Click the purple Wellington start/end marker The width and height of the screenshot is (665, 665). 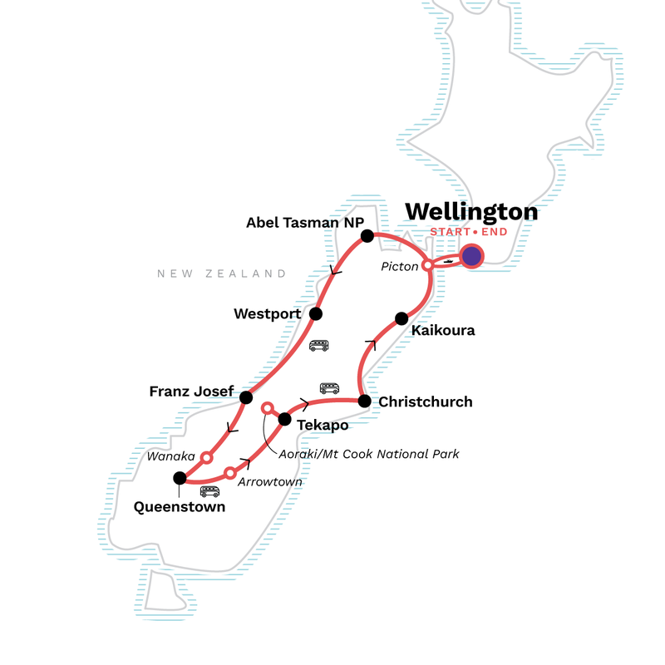click(x=472, y=257)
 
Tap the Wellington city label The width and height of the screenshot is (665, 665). click(x=471, y=212)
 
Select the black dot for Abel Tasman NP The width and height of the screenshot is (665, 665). click(x=366, y=236)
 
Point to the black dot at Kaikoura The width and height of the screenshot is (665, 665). click(x=401, y=318)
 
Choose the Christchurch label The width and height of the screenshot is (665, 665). click(x=425, y=402)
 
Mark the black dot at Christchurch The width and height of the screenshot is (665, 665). click(x=364, y=401)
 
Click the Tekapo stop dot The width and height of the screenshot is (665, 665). click(x=284, y=418)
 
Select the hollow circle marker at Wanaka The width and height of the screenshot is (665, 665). click(x=207, y=457)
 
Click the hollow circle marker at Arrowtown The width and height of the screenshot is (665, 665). click(x=230, y=473)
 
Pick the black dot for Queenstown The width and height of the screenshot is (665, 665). click(x=179, y=478)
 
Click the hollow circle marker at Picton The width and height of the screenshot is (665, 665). click(x=427, y=265)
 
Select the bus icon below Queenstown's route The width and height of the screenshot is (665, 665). click(x=209, y=491)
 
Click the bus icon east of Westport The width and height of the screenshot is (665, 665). click(x=318, y=345)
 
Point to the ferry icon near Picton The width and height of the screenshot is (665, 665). click(x=447, y=260)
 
